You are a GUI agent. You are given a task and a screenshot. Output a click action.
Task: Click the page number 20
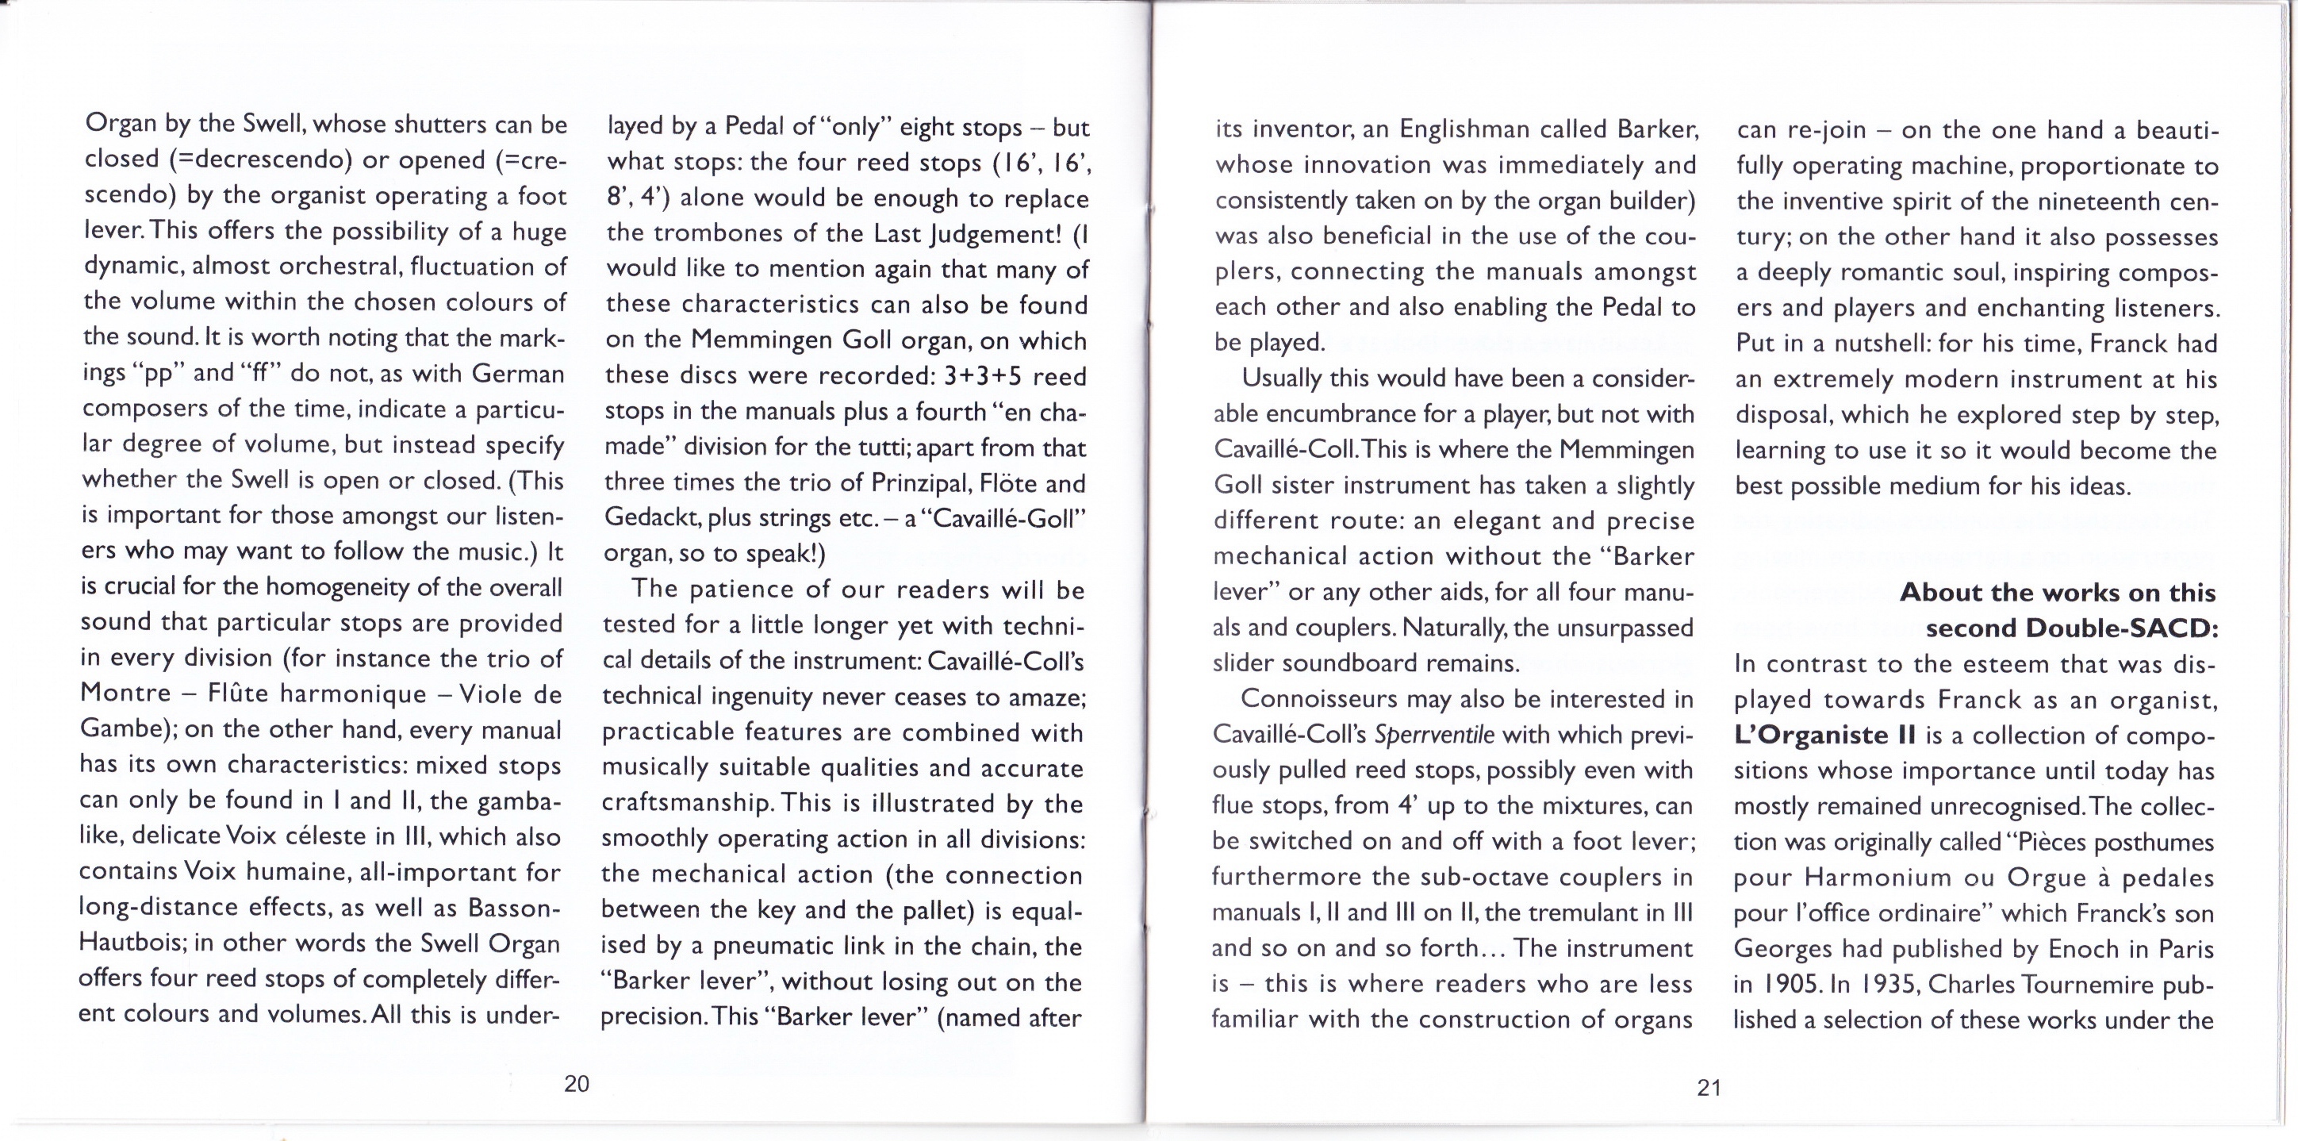point(577,1084)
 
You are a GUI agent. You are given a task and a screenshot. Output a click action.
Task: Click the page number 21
point(1709,1088)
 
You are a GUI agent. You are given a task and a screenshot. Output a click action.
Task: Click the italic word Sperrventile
point(1433,735)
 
